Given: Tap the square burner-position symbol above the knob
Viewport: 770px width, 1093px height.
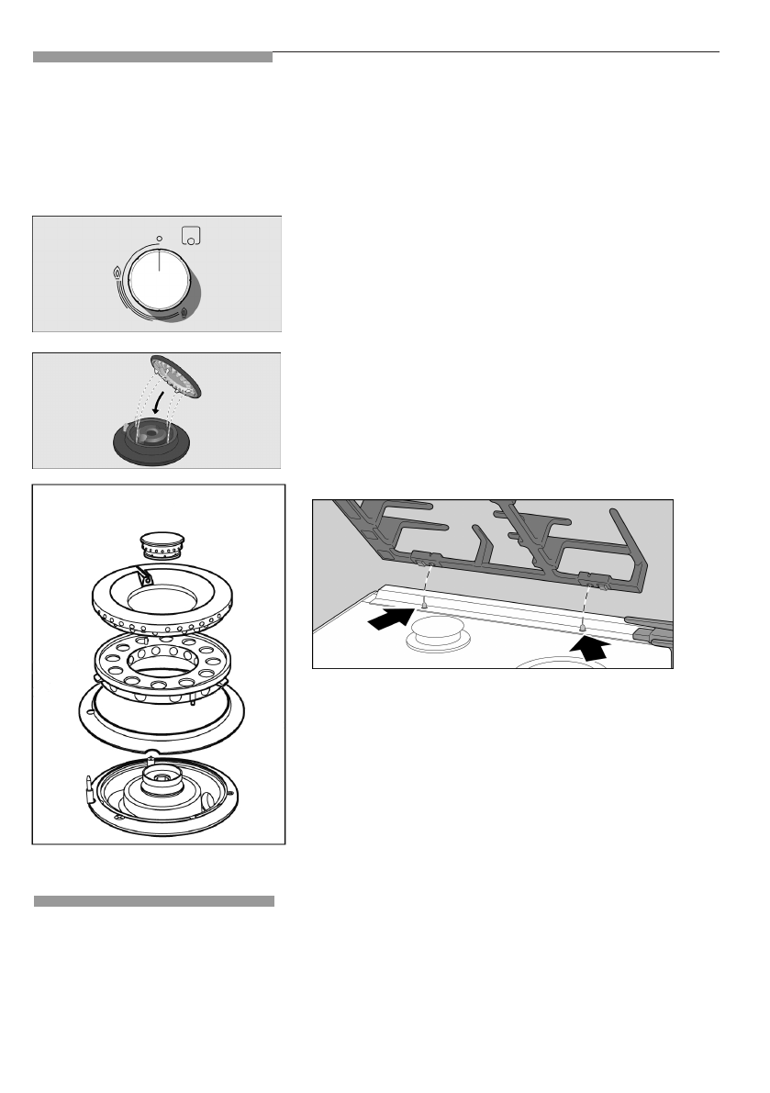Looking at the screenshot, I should pos(190,235).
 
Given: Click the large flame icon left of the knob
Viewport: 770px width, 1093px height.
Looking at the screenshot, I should pos(116,273).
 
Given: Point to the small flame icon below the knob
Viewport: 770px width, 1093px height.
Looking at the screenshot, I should pos(185,313).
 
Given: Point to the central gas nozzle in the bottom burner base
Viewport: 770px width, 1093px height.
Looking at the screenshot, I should pos(162,779).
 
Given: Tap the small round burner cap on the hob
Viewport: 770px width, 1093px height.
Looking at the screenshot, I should pos(438,630).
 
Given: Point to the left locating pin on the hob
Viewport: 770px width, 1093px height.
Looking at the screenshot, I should pos(424,606).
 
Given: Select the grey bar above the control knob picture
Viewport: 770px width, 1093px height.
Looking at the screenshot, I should pos(152,57).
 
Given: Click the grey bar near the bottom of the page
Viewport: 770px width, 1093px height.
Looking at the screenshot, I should pos(154,901).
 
